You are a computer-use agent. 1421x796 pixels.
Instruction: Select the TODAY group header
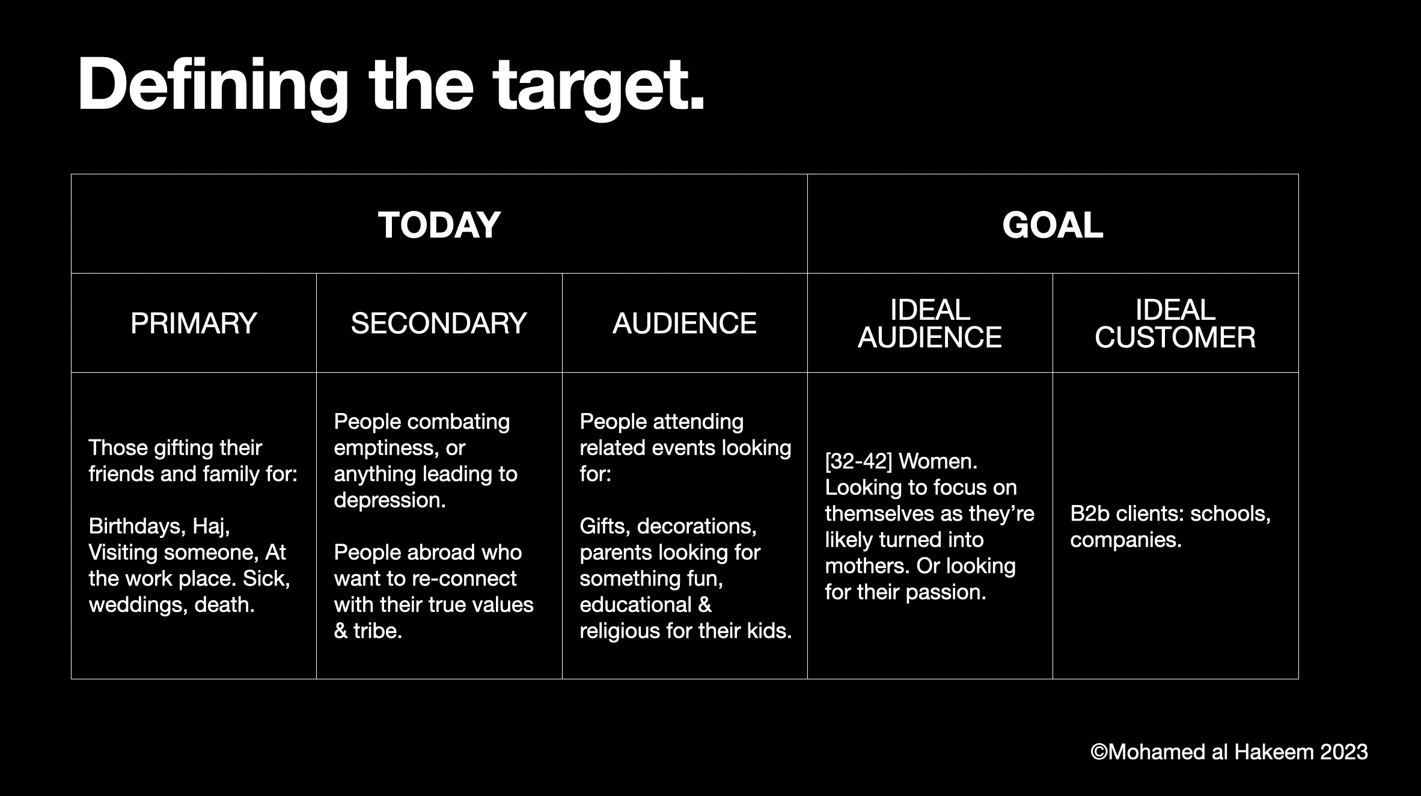coord(439,225)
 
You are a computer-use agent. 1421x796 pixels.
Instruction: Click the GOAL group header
coord(1053,225)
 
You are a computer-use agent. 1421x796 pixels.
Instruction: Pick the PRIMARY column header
coord(194,323)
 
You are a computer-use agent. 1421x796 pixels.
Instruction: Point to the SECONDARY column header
coord(439,323)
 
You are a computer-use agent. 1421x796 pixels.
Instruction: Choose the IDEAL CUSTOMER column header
coord(1175,323)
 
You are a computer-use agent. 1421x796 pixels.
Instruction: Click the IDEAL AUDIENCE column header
coord(930,323)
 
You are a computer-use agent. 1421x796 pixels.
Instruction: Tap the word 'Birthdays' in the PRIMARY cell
coord(137,527)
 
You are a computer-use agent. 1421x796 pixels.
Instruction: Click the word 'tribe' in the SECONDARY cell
coord(377,631)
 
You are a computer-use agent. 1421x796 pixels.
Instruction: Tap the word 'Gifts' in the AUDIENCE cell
coord(605,527)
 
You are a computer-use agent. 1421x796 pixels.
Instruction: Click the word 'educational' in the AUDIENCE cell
coord(635,605)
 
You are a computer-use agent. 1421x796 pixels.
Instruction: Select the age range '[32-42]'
coord(858,462)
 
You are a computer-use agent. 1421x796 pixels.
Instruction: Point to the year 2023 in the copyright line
coord(1343,752)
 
